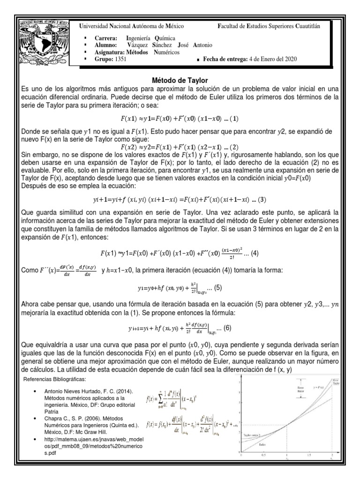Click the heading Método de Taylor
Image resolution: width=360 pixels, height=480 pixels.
coord(180,80)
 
